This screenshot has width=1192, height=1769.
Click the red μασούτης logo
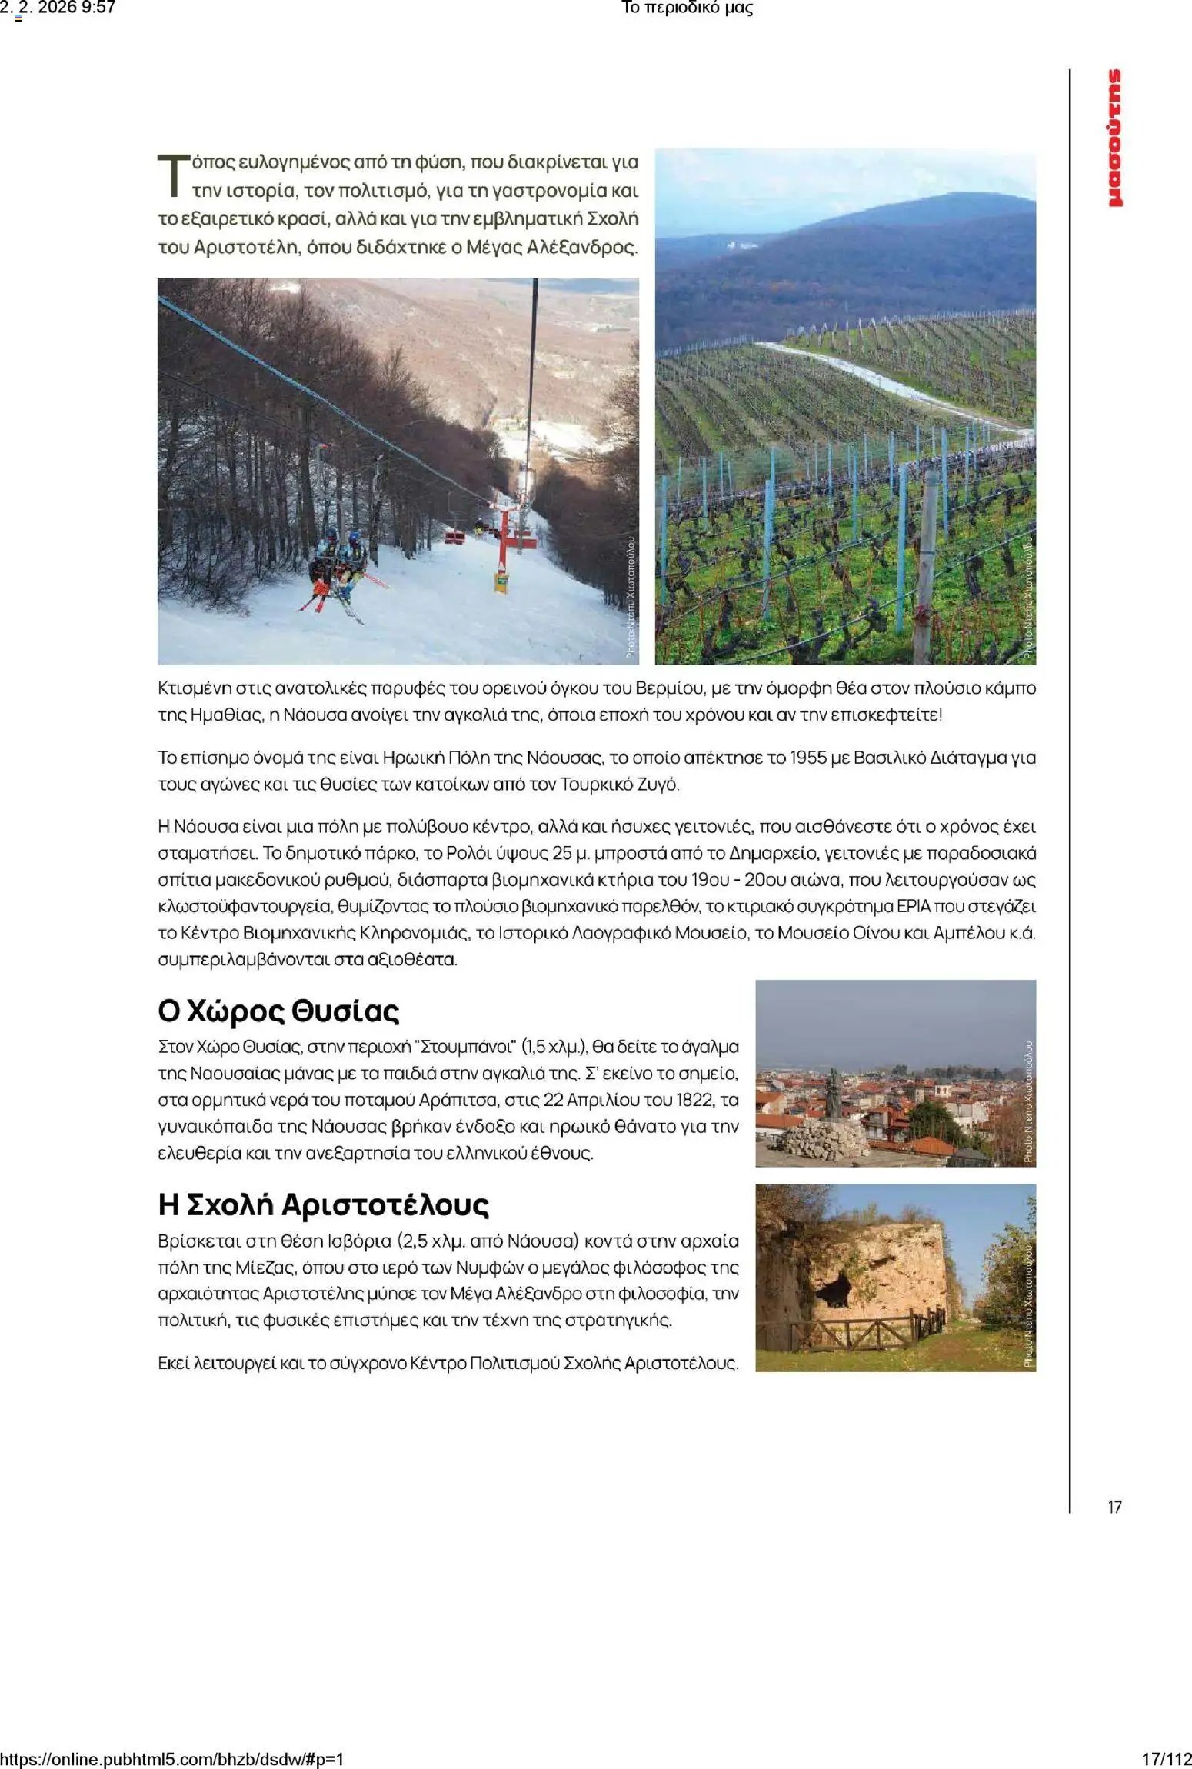point(1114,138)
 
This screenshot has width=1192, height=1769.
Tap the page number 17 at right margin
point(1114,1507)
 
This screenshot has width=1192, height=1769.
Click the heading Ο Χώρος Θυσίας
point(278,1011)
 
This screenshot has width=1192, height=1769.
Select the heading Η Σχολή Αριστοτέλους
point(323,1204)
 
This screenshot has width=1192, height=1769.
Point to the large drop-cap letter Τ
point(173,176)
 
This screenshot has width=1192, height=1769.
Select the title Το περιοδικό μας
point(686,8)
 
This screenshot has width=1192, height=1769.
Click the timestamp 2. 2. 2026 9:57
point(58,8)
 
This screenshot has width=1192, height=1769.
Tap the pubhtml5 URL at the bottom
point(172,1759)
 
